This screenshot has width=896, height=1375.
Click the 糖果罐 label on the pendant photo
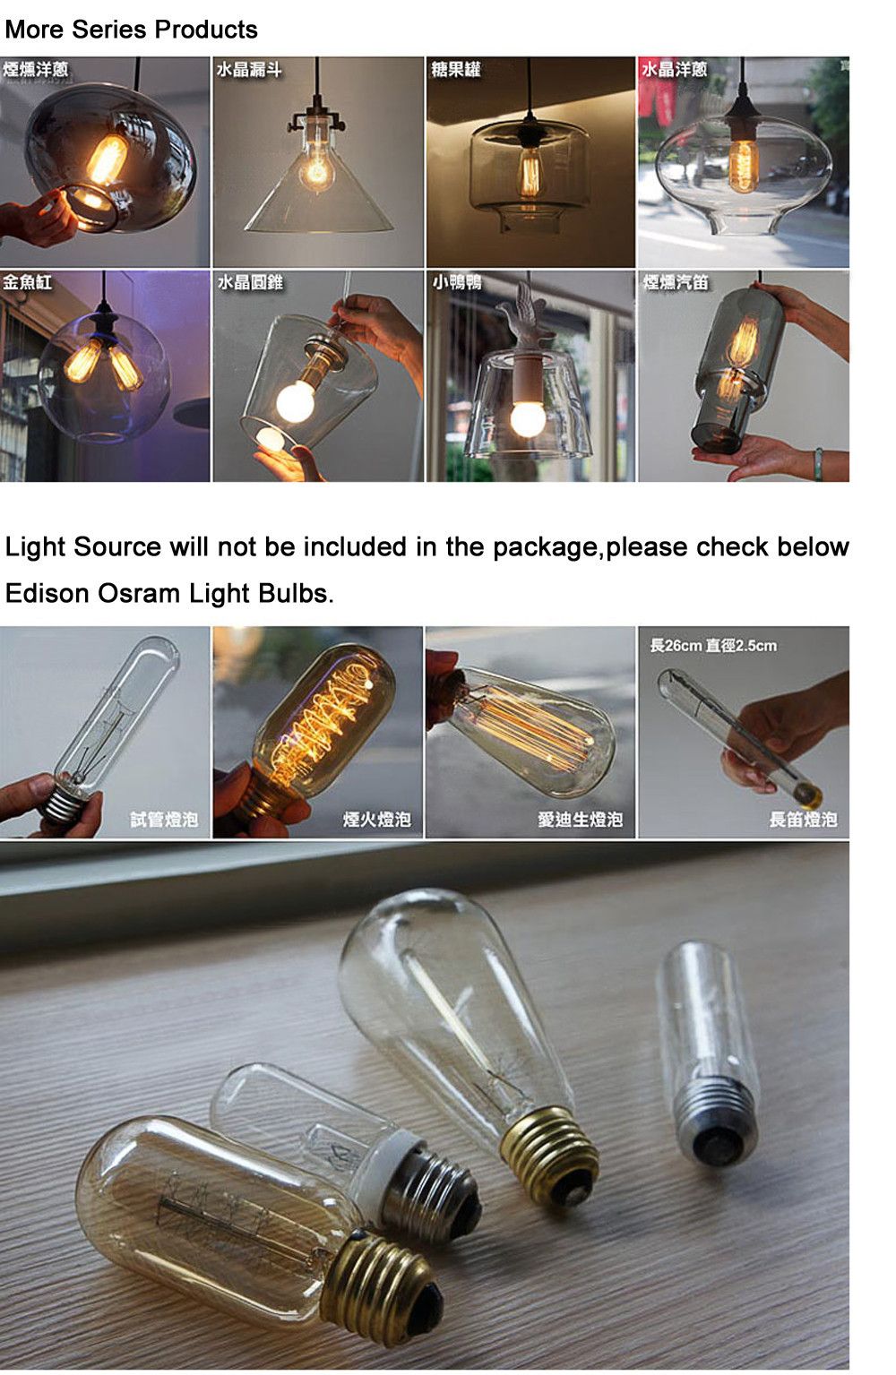456,70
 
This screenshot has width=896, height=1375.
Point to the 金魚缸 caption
28,283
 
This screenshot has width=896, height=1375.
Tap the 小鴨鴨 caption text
458,283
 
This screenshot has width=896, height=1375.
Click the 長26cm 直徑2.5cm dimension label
713,645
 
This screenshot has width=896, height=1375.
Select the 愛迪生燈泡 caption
580,819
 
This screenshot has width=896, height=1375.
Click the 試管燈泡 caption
164,819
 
